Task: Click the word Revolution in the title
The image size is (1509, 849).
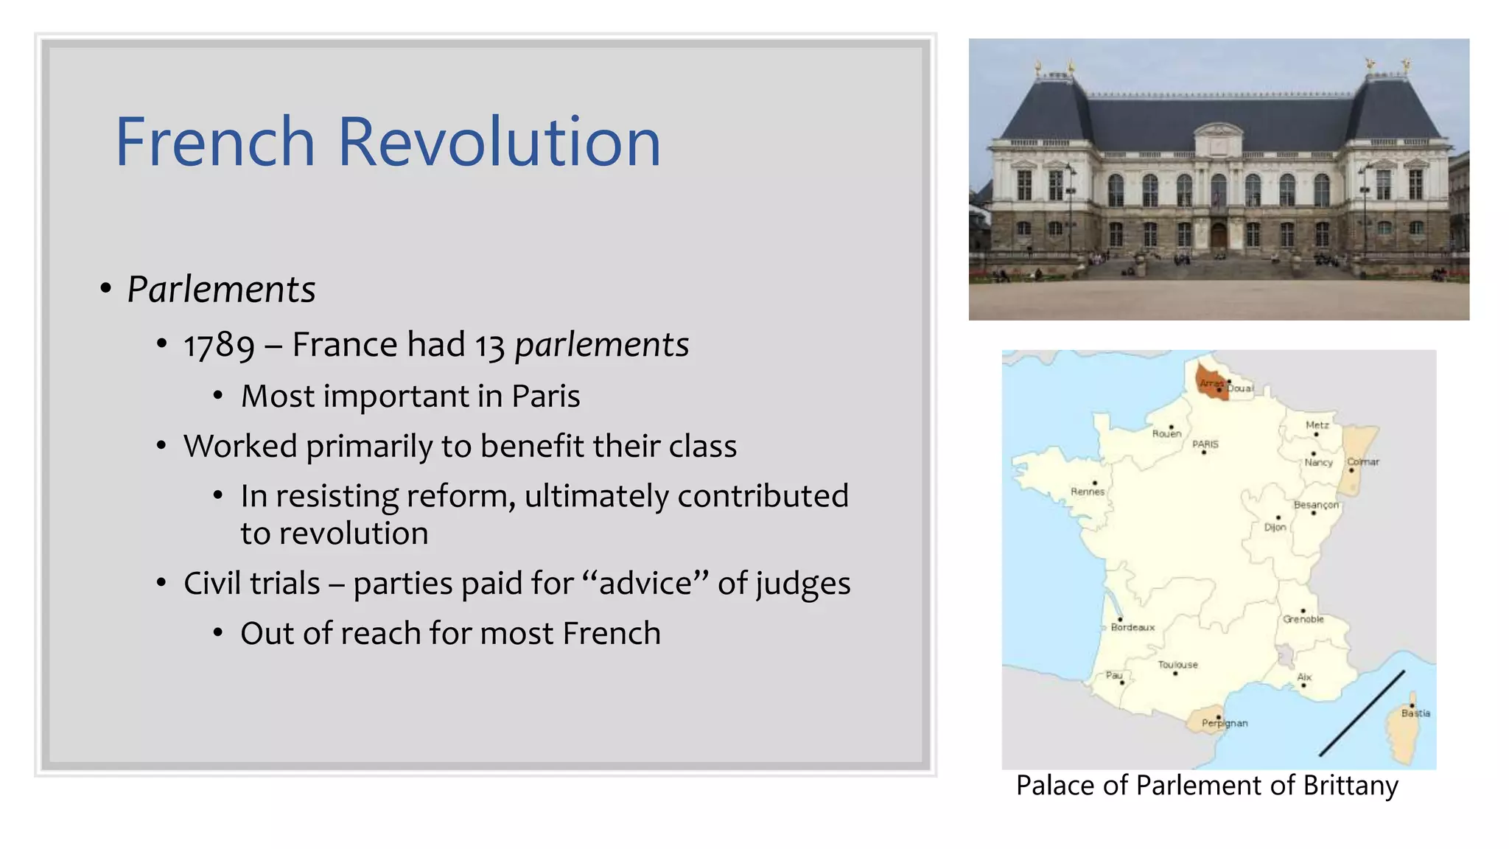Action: (x=499, y=142)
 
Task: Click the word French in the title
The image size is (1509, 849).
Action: (x=215, y=142)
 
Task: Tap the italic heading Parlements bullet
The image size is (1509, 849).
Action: (x=221, y=289)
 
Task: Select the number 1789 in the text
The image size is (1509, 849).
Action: (x=219, y=346)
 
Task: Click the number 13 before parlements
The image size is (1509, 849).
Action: (x=489, y=346)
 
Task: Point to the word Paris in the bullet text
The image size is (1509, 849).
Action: (x=545, y=396)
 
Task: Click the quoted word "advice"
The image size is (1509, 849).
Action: (x=645, y=584)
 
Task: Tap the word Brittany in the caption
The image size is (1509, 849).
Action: (x=1350, y=786)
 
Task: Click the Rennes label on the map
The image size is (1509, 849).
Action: (x=1088, y=492)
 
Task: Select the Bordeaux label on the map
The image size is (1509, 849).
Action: (x=1132, y=627)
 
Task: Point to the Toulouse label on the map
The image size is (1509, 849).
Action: (x=1177, y=665)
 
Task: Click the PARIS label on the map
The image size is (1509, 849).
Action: (x=1205, y=444)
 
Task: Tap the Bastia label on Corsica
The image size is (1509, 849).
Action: (x=1415, y=713)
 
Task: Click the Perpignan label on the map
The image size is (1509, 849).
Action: (x=1225, y=723)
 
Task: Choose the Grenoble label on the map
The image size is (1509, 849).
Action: (x=1303, y=619)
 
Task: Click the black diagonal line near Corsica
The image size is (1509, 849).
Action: (x=1362, y=713)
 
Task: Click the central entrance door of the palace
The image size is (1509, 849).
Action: (x=1219, y=237)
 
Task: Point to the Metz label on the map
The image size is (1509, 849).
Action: (x=1317, y=425)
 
